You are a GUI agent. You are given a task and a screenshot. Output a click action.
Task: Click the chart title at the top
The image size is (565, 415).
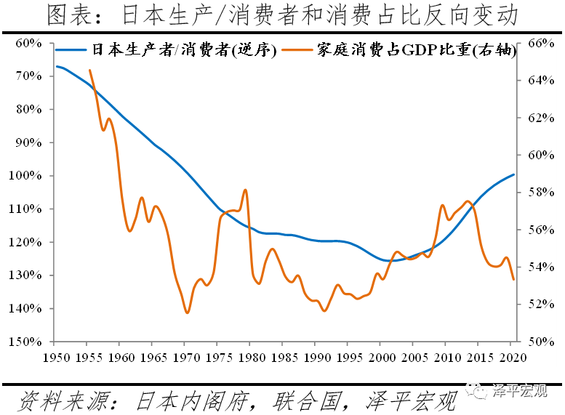(x=282, y=15)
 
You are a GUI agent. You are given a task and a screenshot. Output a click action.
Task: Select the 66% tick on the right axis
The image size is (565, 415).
(x=535, y=43)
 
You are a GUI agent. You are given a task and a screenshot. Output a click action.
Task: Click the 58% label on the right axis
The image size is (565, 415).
(x=535, y=192)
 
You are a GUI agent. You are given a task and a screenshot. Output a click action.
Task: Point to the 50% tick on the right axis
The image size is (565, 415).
(x=535, y=342)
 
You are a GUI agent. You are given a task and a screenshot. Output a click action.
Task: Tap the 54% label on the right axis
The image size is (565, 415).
(x=535, y=267)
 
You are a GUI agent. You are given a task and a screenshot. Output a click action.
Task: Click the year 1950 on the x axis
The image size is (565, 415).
(x=55, y=357)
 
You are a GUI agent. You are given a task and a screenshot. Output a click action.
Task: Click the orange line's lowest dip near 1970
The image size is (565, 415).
(x=187, y=313)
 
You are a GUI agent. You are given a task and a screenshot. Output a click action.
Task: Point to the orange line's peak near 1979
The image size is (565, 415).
(x=246, y=190)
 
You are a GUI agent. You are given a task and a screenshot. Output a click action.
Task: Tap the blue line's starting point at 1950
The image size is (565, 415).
(x=57, y=66)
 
